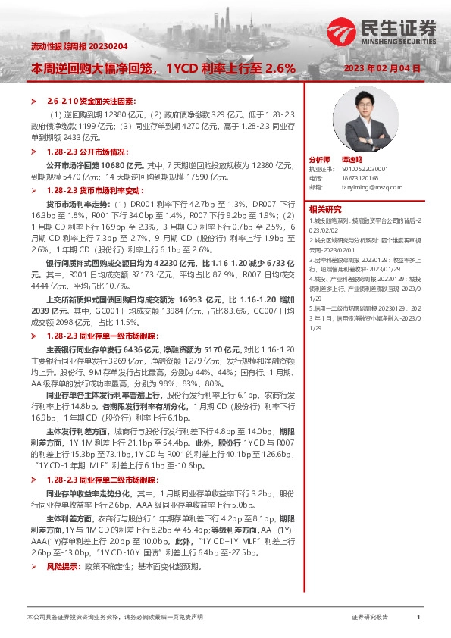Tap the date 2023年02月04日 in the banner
[382, 68]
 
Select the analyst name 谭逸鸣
[351, 161]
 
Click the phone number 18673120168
[359, 177]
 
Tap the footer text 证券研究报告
[371, 619]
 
